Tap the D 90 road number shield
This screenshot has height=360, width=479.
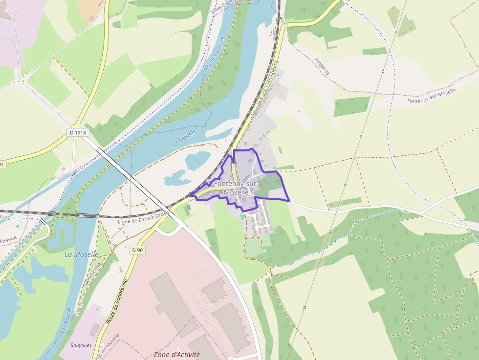138,250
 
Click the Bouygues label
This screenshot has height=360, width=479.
81,345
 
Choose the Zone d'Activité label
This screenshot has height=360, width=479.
177,354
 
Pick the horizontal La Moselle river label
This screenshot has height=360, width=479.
81,254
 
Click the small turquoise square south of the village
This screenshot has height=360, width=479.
242,216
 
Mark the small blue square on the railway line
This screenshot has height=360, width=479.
209,177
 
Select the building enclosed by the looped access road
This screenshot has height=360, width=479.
214,290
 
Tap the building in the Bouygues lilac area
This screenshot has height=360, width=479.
94,330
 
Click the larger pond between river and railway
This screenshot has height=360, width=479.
197,160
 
